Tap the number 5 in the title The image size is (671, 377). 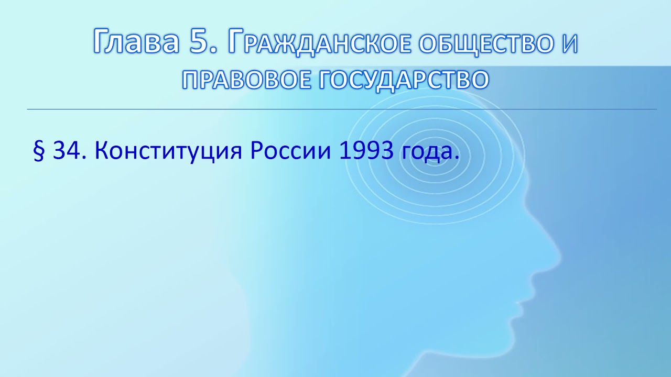(x=200, y=42)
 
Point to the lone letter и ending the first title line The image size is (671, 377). (x=568, y=43)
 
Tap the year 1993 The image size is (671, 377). (x=367, y=151)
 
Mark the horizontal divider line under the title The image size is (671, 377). (x=341, y=109)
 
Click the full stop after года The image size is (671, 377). (x=456, y=158)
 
